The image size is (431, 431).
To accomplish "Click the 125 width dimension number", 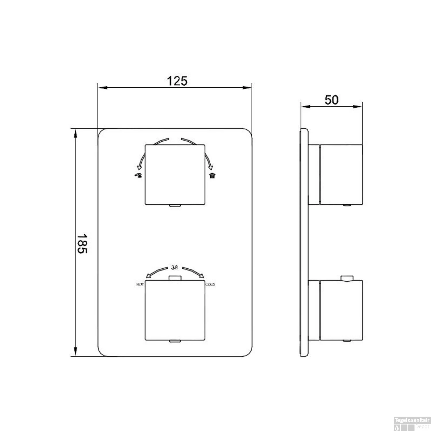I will [x=177, y=81].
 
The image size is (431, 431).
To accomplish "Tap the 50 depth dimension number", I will [x=331, y=100].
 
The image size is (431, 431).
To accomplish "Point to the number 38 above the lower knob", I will [x=174, y=267].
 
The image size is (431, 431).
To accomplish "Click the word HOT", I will [x=140, y=284].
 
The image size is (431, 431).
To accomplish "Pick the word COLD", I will [x=210, y=284].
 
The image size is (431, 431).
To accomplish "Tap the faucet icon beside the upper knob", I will [x=138, y=176].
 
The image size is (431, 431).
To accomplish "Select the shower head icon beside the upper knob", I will [x=212, y=176].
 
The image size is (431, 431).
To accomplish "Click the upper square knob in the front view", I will [x=175, y=174].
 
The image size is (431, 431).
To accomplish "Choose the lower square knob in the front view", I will [x=175, y=310].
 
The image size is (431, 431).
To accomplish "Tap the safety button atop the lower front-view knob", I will [x=175, y=278].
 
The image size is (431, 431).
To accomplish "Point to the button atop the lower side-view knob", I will [x=347, y=278].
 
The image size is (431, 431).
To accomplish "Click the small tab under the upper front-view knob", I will [x=175, y=206].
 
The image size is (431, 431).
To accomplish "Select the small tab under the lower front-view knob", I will [x=175, y=341].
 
